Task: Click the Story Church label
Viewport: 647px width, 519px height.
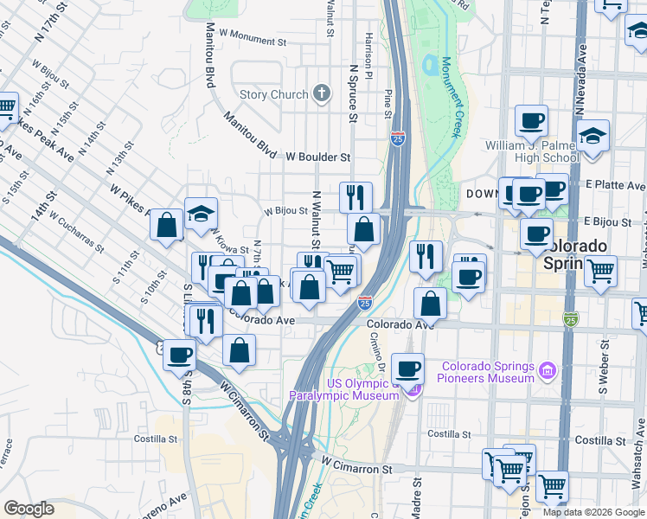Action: [x=273, y=94]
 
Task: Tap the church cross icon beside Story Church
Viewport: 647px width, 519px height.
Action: [x=323, y=93]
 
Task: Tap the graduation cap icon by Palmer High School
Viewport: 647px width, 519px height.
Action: [x=593, y=138]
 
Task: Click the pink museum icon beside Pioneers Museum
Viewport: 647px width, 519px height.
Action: [x=547, y=372]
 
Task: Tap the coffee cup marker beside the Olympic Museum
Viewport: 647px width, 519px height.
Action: [x=408, y=370]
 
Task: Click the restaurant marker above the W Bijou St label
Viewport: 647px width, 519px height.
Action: [x=356, y=198]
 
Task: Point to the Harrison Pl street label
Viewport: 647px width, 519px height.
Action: [x=368, y=53]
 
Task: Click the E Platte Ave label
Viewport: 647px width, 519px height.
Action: [x=615, y=185]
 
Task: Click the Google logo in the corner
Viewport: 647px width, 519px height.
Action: [x=29, y=509]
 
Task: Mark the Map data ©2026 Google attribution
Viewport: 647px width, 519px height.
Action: [x=593, y=512]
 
